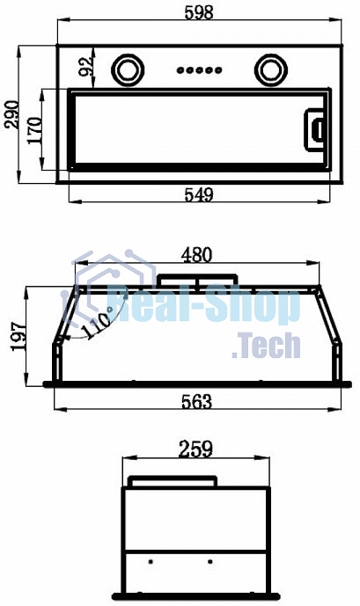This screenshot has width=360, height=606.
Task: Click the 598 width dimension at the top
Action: [199, 12]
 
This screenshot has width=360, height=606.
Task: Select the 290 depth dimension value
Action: [11, 114]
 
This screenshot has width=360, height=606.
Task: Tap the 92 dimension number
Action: [86, 66]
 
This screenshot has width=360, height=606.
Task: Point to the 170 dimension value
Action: [34, 130]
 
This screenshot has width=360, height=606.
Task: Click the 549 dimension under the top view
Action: [199, 194]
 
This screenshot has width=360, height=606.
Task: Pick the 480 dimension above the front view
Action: [197, 255]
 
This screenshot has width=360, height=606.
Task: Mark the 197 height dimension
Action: [19, 336]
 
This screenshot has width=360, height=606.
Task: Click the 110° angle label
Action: [98, 324]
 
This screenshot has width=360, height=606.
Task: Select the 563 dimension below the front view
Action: [197, 402]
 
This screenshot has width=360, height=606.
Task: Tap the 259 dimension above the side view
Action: [195, 449]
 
